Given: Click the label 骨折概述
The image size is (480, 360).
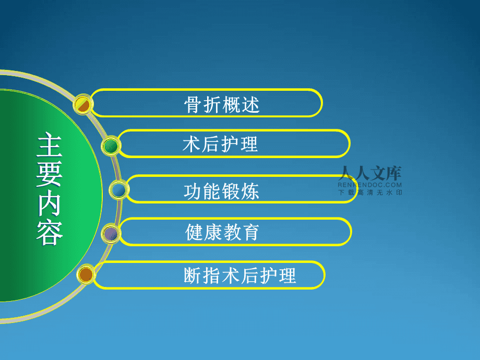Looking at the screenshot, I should coord(222,105).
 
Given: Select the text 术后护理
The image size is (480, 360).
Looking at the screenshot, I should coord(220,145).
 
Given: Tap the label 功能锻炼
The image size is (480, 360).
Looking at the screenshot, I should coord(221,191).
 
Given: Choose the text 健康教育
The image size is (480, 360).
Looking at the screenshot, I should coord(222,232).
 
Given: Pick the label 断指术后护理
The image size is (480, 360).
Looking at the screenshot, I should coord(240,275).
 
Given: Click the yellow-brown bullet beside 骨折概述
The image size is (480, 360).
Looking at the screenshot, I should coord(83,104).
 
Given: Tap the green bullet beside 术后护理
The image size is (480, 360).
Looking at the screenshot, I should coord(111,146).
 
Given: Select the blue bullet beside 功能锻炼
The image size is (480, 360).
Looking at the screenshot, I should coord(119,190).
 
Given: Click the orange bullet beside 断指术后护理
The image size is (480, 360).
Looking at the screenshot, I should coord(86,274).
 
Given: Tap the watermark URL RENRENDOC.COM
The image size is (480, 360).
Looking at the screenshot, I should coord(369,185).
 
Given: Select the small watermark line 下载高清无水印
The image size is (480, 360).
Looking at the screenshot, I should coord(369,192).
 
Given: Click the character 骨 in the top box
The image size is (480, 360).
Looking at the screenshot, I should coord(193,105).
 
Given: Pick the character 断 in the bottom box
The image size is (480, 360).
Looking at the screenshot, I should coord(193,275).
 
